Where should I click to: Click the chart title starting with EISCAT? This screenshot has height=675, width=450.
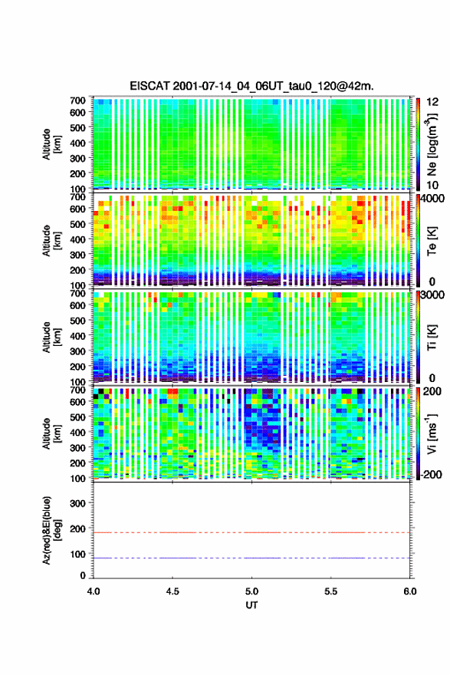click(x=251, y=86)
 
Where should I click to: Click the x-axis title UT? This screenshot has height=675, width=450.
click(x=251, y=605)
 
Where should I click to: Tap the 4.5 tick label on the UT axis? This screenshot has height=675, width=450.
click(x=172, y=591)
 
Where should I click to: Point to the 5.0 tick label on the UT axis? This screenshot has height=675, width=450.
click(x=251, y=591)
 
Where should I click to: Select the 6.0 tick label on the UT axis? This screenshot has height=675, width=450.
click(x=410, y=591)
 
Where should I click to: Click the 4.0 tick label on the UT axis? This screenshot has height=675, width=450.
click(x=94, y=591)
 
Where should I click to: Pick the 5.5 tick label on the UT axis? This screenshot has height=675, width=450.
click(x=331, y=591)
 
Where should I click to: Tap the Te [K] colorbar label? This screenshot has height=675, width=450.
click(x=432, y=241)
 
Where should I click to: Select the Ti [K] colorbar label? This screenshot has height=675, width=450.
click(x=432, y=337)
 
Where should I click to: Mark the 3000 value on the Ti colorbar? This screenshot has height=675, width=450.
click(x=433, y=295)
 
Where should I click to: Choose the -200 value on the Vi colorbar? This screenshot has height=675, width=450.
click(x=432, y=474)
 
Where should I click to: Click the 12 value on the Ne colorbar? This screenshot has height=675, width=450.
click(x=432, y=102)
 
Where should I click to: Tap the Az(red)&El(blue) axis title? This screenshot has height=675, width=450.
click(x=51, y=530)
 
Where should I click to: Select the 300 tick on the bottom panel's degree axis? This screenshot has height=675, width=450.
click(x=77, y=503)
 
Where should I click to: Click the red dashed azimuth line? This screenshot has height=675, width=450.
click(x=251, y=532)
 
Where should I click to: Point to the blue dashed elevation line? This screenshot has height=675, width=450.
click(x=251, y=558)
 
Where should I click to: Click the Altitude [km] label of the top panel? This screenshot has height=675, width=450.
click(x=51, y=144)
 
